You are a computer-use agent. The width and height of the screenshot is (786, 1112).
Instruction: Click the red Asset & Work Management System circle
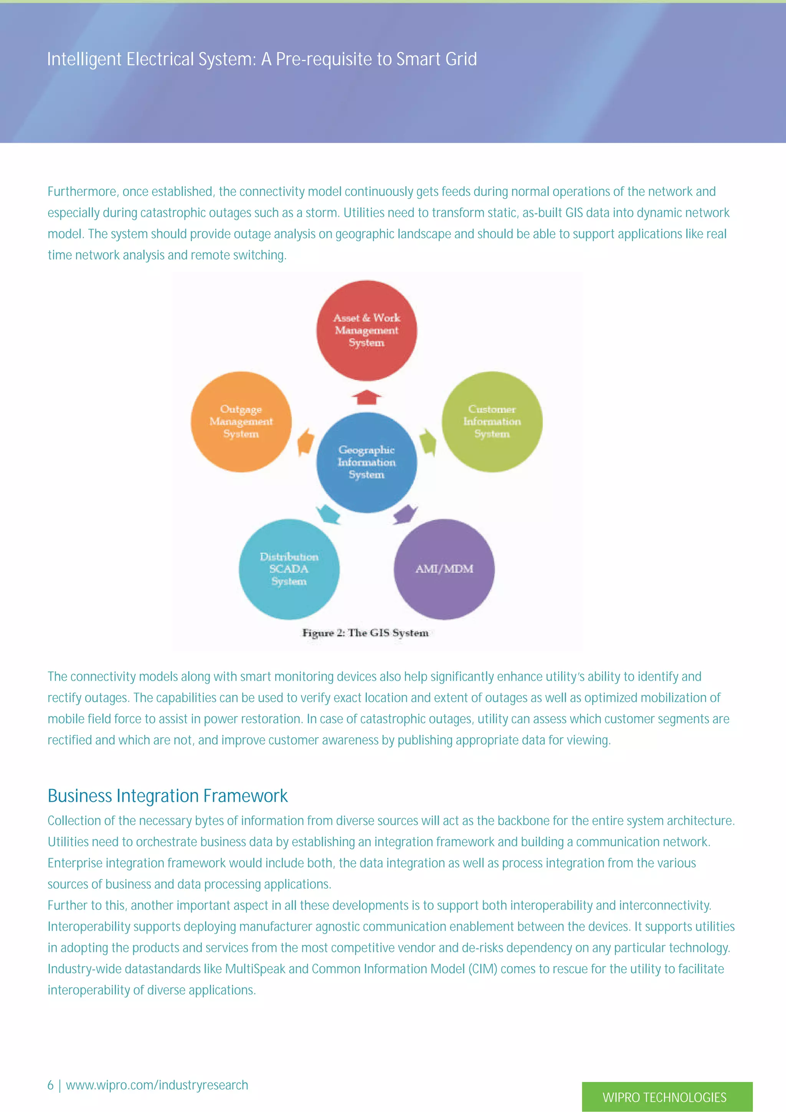coord(367,330)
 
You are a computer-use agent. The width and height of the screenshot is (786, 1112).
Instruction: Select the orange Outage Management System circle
coord(241,421)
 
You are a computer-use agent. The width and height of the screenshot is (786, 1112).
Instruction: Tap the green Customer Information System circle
coord(492,421)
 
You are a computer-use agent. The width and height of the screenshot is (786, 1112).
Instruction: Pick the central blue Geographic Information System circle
coord(367,463)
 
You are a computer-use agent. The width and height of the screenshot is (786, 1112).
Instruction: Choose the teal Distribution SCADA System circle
coord(289,569)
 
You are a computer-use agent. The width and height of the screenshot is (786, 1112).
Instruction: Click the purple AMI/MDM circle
coord(444,569)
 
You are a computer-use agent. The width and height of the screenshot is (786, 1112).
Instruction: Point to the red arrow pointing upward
coord(367,397)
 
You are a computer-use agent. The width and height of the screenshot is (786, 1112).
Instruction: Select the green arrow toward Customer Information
coord(428,441)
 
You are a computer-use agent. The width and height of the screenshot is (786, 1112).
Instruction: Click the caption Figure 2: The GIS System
coord(365,633)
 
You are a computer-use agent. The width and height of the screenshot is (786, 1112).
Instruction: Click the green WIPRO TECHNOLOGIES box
coord(667,1097)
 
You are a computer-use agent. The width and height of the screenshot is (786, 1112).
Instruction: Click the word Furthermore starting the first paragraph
coord(82,192)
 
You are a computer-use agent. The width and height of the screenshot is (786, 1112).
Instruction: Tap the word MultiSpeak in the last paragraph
coord(255,969)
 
